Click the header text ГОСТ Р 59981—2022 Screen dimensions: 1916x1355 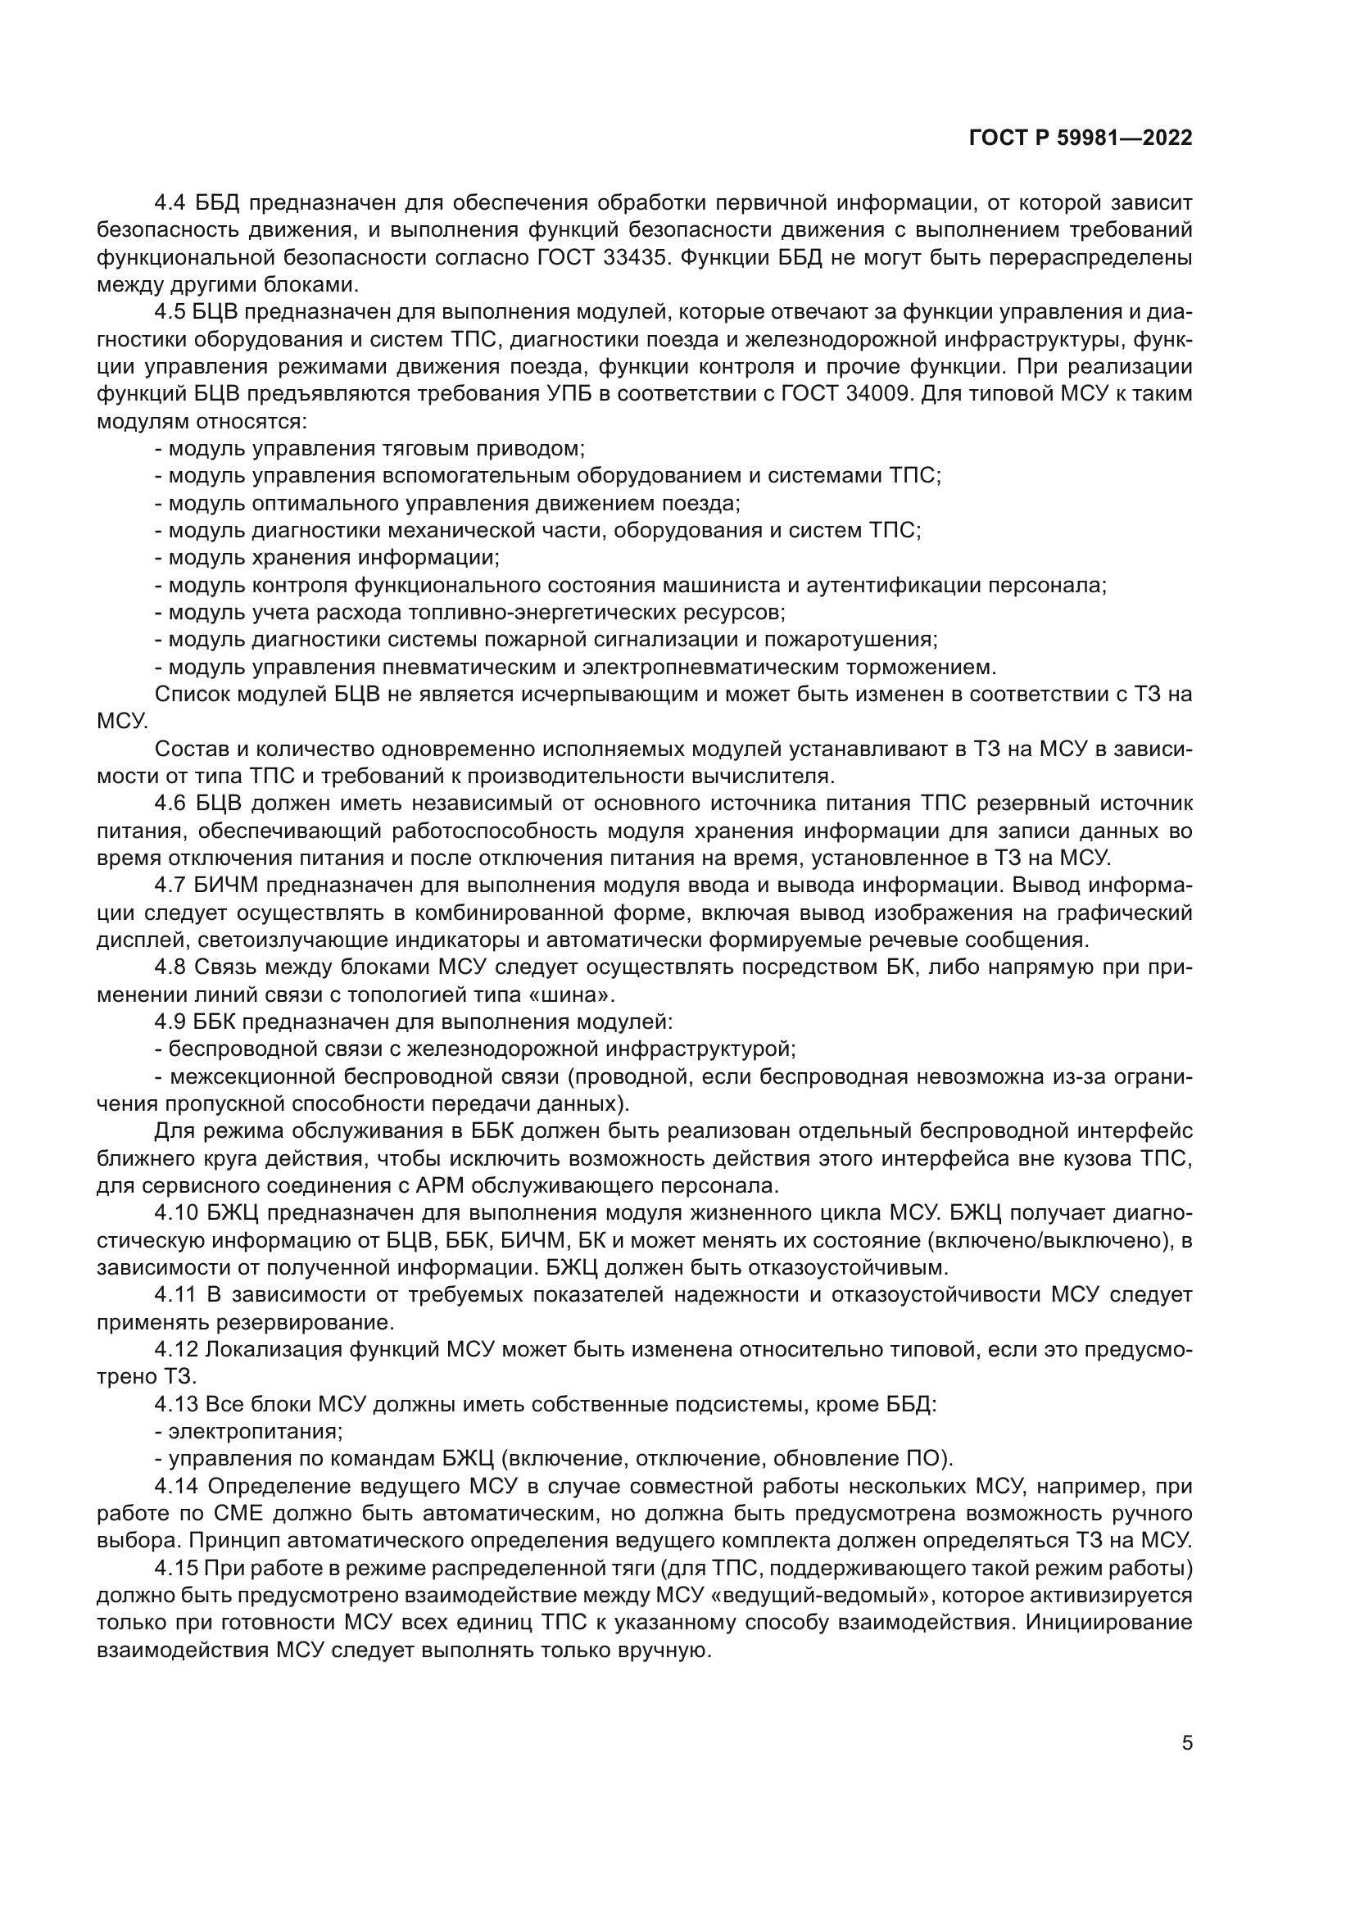tap(1080, 138)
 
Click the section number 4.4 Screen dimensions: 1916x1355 tap(171, 203)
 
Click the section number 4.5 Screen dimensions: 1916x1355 tap(171, 312)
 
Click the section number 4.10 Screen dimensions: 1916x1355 tap(176, 1212)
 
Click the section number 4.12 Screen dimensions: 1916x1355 tap(176, 1349)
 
